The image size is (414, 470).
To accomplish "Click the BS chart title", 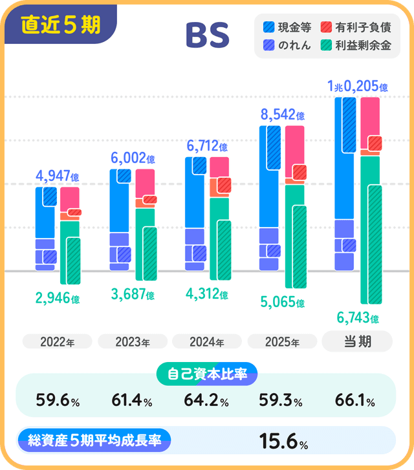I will click(x=207, y=36).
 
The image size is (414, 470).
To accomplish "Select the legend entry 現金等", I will click(x=288, y=27).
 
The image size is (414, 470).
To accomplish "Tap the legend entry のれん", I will click(x=288, y=45).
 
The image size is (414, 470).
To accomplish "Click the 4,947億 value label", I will click(x=57, y=176).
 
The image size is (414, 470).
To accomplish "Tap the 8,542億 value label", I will click(x=282, y=116).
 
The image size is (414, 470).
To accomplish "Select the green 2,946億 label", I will click(x=57, y=299).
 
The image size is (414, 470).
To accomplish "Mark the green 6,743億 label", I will click(x=357, y=318).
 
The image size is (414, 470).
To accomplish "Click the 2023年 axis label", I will click(x=133, y=342).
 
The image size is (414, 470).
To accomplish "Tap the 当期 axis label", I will click(x=357, y=341).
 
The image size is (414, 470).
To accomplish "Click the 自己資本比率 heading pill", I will click(x=207, y=373).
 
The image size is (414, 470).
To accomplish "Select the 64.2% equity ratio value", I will click(x=207, y=401).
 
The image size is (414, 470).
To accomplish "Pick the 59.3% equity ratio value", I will click(x=282, y=401).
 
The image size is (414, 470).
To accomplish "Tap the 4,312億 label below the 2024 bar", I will click(x=207, y=295).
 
